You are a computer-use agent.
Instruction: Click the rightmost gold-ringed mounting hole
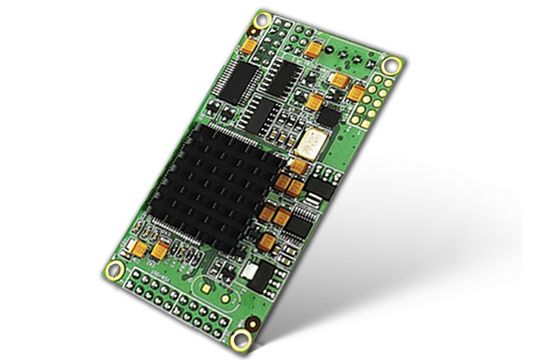pos(391,65)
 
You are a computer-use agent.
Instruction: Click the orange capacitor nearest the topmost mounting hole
pos(248,46)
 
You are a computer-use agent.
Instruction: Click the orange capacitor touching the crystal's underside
pos(300,165)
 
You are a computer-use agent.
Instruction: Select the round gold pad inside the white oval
pos(226,296)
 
